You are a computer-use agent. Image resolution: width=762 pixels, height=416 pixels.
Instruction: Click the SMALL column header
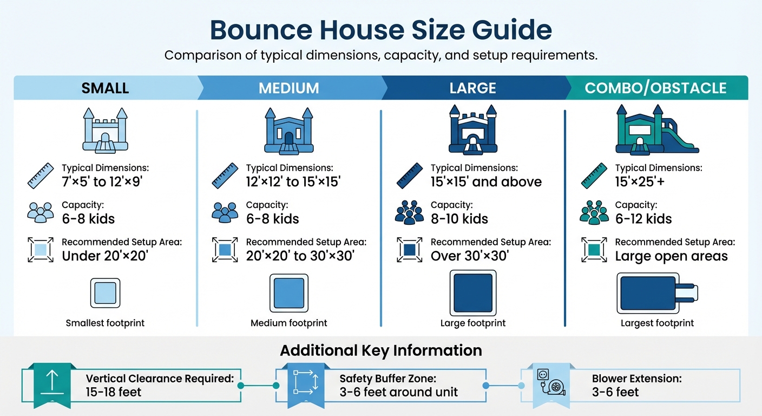[x=105, y=88]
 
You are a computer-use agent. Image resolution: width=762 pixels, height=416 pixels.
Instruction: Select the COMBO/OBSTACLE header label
[x=655, y=88]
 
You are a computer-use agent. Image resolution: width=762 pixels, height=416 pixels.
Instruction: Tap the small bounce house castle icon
[x=105, y=130]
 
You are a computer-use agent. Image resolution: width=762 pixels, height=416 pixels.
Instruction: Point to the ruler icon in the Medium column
[x=224, y=175]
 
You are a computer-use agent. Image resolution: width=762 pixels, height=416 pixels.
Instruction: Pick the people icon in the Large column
[x=409, y=212]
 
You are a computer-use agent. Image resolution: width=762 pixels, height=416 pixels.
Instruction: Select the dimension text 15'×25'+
[x=640, y=181]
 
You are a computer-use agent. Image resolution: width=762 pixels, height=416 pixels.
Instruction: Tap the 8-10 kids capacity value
[x=459, y=219]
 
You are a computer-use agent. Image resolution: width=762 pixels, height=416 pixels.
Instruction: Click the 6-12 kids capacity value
[x=643, y=219]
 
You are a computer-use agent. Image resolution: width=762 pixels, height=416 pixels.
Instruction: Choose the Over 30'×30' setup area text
[x=469, y=256]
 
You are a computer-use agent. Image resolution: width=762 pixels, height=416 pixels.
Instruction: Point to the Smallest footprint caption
[x=105, y=323]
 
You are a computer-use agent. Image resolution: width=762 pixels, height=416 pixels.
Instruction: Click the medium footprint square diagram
[x=288, y=293]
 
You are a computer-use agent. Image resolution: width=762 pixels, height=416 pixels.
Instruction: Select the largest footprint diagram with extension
[x=656, y=293]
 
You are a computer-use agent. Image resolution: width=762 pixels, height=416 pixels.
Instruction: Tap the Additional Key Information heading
[x=380, y=350]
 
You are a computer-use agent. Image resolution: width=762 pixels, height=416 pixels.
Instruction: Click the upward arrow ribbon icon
[x=52, y=383]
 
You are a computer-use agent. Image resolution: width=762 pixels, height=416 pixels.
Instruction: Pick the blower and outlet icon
[x=552, y=383]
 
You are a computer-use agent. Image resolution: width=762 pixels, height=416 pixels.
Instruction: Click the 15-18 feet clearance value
[x=113, y=392]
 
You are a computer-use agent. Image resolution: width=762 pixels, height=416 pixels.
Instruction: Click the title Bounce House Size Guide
[x=380, y=30]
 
